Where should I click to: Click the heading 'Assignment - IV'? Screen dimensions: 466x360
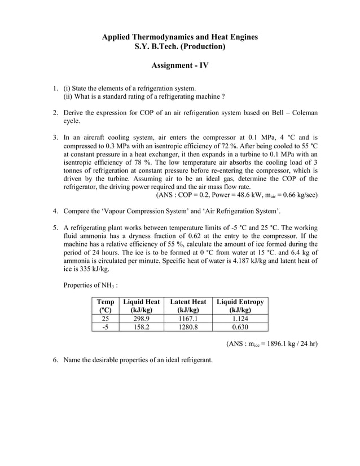coord(179,65)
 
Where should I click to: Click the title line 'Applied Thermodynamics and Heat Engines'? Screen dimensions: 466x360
coord(179,37)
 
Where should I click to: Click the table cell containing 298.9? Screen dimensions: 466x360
coord(142,318)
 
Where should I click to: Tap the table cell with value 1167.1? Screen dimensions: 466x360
coord(188,318)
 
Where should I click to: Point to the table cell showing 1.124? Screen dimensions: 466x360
coord(240,318)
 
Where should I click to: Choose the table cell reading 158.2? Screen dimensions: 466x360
coord(142,327)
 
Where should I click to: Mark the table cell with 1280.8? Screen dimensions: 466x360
coord(188,327)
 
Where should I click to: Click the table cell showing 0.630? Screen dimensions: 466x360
coord(240,327)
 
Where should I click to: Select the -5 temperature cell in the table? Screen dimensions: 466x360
coord(105,327)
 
